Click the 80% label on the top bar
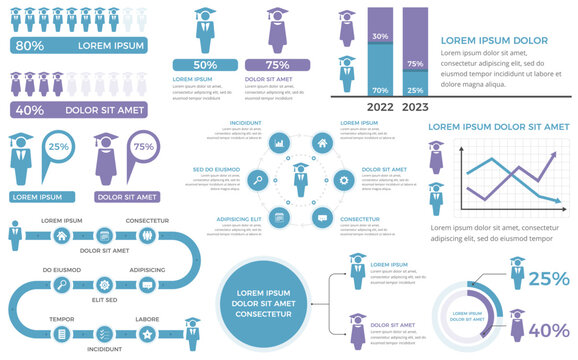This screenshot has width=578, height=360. click(x=29, y=45)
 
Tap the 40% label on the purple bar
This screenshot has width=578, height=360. click(x=29, y=110)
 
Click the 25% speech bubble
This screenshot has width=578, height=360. click(x=59, y=147)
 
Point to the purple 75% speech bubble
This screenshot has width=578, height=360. click(x=143, y=147)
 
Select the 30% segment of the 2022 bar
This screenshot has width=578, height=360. click(x=381, y=36)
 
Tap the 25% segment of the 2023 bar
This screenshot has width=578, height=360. click(x=413, y=90)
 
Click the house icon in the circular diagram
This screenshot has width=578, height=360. click(x=322, y=142)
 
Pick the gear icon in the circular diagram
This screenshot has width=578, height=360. click(x=344, y=180)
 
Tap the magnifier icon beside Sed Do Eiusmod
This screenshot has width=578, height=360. click(x=257, y=180)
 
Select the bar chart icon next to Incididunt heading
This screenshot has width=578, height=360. click(x=279, y=142)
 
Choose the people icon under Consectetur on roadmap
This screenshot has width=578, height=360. click(x=148, y=236)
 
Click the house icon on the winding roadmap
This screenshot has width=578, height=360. click(x=62, y=236)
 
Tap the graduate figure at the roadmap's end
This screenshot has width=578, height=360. click(x=191, y=329)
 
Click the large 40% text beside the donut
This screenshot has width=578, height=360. click(x=548, y=331)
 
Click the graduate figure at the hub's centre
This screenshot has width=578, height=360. click(x=300, y=180)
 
